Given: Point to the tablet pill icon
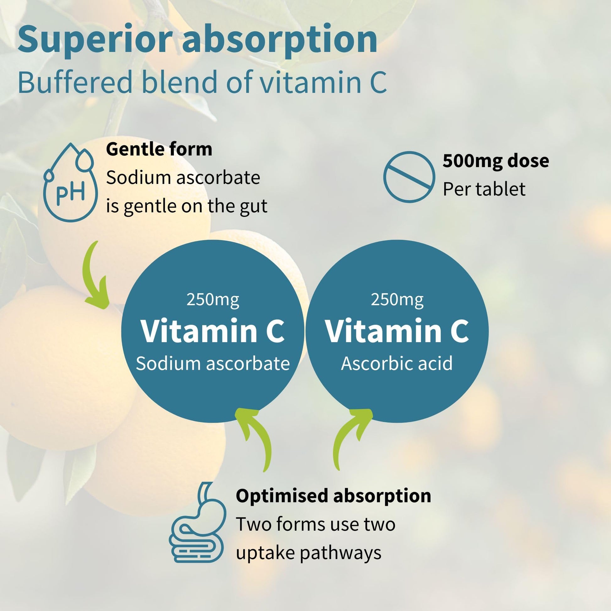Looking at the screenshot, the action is point(409,177).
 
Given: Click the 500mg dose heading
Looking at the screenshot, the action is point(495,161).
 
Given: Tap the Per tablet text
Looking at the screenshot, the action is point(484,189).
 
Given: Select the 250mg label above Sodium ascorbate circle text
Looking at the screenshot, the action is point(213,300).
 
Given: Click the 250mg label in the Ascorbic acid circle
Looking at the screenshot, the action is point(397,300).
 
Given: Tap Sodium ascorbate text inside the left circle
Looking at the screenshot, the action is point(213,363).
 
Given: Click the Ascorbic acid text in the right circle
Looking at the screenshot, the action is point(397,363).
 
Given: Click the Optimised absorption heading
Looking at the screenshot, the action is point(333,496).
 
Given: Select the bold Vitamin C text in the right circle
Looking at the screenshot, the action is point(397,331).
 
